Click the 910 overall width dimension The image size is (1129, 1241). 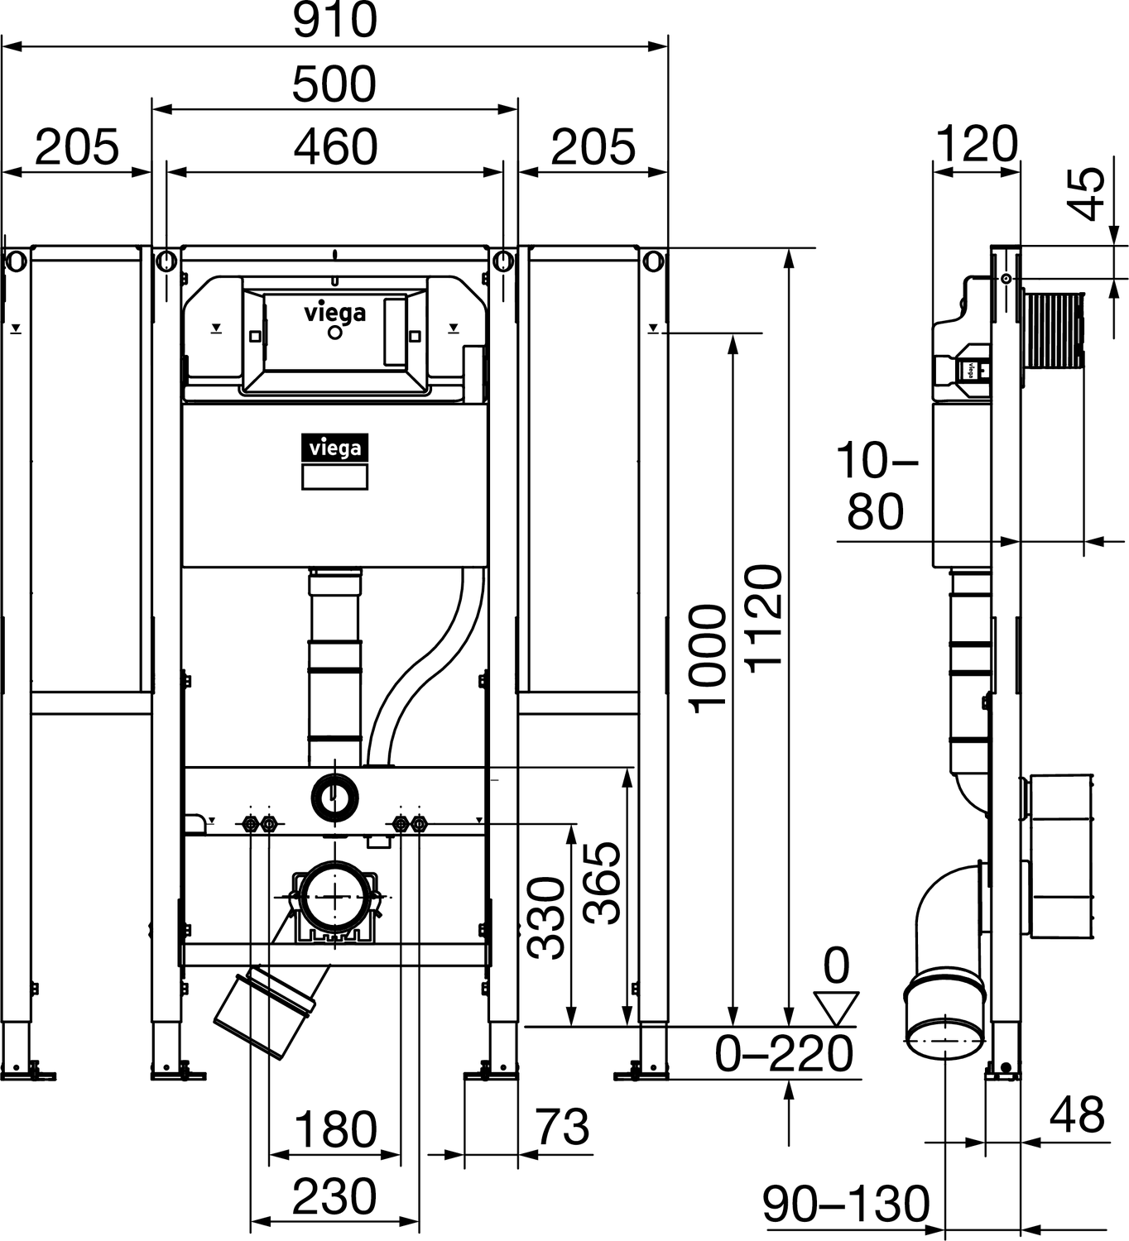(335, 21)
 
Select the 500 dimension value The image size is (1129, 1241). (334, 84)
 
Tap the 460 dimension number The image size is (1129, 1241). (336, 147)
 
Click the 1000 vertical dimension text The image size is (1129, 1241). (709, 658)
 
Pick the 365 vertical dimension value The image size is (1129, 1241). (602, 883)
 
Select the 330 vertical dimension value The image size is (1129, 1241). (547, 918)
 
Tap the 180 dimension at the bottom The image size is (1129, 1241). (335, 1129)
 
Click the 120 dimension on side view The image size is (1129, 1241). (977, 144)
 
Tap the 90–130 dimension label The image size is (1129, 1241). (846, 1204)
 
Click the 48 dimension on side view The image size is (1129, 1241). (1077, 1114)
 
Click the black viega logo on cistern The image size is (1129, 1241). (334, 448)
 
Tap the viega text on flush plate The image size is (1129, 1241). (334, 313)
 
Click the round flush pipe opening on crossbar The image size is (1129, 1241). (334, 798)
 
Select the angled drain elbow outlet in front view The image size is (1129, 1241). (265, 1013)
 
